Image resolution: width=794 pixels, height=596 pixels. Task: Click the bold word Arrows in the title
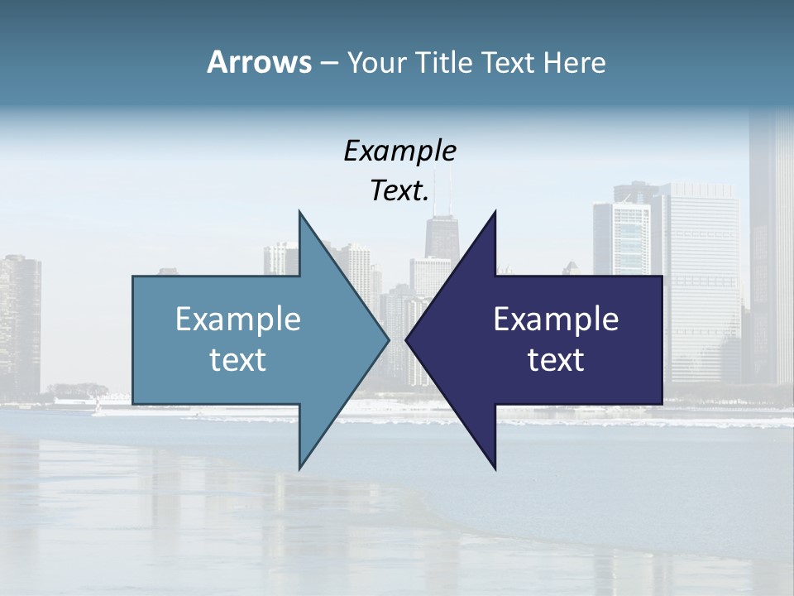click(259, 62)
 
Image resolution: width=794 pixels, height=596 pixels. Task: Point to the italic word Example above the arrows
click(399, 151)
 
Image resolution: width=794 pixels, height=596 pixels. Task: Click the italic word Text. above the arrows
click(399, 190)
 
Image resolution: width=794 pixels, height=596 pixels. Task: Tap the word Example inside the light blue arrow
click(238, 320)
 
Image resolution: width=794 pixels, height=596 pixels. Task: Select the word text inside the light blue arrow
click(238, 360)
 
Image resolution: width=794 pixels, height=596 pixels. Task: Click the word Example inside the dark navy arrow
click(556, 320)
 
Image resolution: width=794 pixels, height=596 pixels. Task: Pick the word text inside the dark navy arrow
click(556, 360)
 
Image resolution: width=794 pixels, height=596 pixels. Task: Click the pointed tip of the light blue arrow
click(388, 339)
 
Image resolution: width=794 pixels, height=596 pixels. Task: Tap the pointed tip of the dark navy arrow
click(406, 339)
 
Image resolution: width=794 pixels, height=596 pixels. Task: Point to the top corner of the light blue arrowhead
click(299, 212)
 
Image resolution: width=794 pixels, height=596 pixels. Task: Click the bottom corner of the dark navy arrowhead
click(495, 469)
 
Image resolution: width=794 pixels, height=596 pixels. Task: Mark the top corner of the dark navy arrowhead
click(495, 212)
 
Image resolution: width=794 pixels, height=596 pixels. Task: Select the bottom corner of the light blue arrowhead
click(299, 469)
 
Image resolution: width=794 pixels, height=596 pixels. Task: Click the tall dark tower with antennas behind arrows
click(444, 236)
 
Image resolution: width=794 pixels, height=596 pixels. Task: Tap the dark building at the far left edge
click(18, 323)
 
